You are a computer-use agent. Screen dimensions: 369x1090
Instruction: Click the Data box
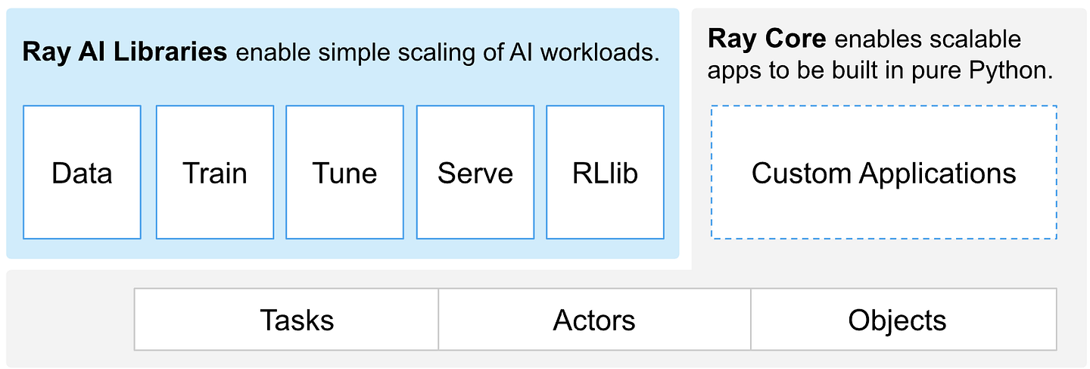(x=82, y=173)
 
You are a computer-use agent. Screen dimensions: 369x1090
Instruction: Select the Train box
(x=215, y=173)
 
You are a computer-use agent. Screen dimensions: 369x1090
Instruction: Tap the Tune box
(x=344, y=173)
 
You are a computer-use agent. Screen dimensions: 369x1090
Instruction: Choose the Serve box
(x=475, y=173)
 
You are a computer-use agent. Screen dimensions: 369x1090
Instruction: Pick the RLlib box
(x=605, y=173)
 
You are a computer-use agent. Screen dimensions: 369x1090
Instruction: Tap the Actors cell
(x=594, y=320)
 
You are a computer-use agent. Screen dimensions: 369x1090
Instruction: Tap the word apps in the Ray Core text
(x=734, y=72)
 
